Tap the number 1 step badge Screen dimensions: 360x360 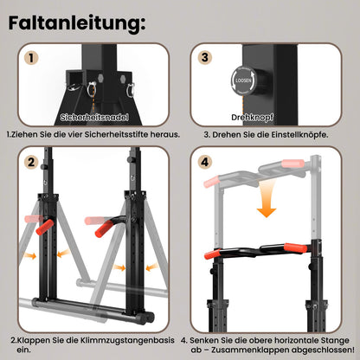click(31, 59)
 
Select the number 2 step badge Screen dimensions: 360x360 click(31, 161)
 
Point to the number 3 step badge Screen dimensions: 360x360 click(205, 59)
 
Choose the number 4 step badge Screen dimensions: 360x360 click(205, 161)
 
